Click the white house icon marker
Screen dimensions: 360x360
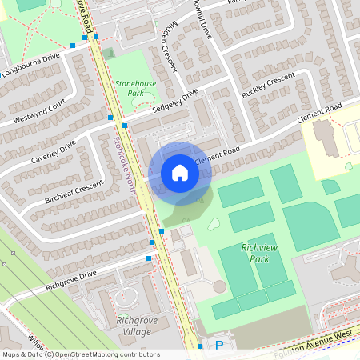tap(180, 173)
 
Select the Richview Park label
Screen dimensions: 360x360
tap(259, 254)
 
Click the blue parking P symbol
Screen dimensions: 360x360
tap(219, 346)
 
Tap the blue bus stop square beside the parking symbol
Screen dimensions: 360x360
tap(200, 346)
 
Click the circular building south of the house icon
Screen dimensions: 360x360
tap(219, 286)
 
